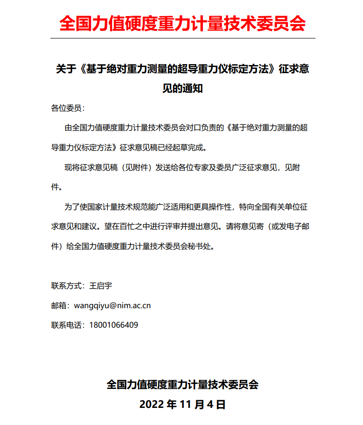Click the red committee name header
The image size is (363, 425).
(x=182, y=22)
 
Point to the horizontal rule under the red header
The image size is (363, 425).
(x=182, y=38)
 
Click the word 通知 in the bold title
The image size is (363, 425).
(x=193, y=88)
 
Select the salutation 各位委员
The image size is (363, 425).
(x=66, y=108)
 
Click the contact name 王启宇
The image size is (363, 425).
(x=100, y=286)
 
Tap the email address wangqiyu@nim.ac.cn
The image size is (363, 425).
(x=112, y=305)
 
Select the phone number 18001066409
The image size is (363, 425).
(x=114, y=325)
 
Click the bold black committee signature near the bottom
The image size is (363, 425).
(x=182, y=384)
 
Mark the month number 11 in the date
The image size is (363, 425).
(x=185, y=405)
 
